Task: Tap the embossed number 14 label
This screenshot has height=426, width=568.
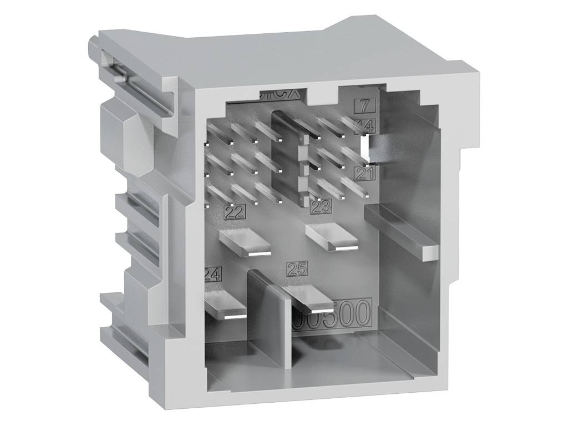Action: pos(366,125)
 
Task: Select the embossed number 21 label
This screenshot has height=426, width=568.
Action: pos(366,174)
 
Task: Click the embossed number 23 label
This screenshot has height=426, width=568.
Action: pos(321,207)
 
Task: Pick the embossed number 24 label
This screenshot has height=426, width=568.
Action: pos(213,274)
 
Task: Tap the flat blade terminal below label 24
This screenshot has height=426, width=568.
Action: pos(225,306)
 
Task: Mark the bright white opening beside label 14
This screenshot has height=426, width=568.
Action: pos(365,147)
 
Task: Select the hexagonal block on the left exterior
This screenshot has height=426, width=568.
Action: pos(118,133)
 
